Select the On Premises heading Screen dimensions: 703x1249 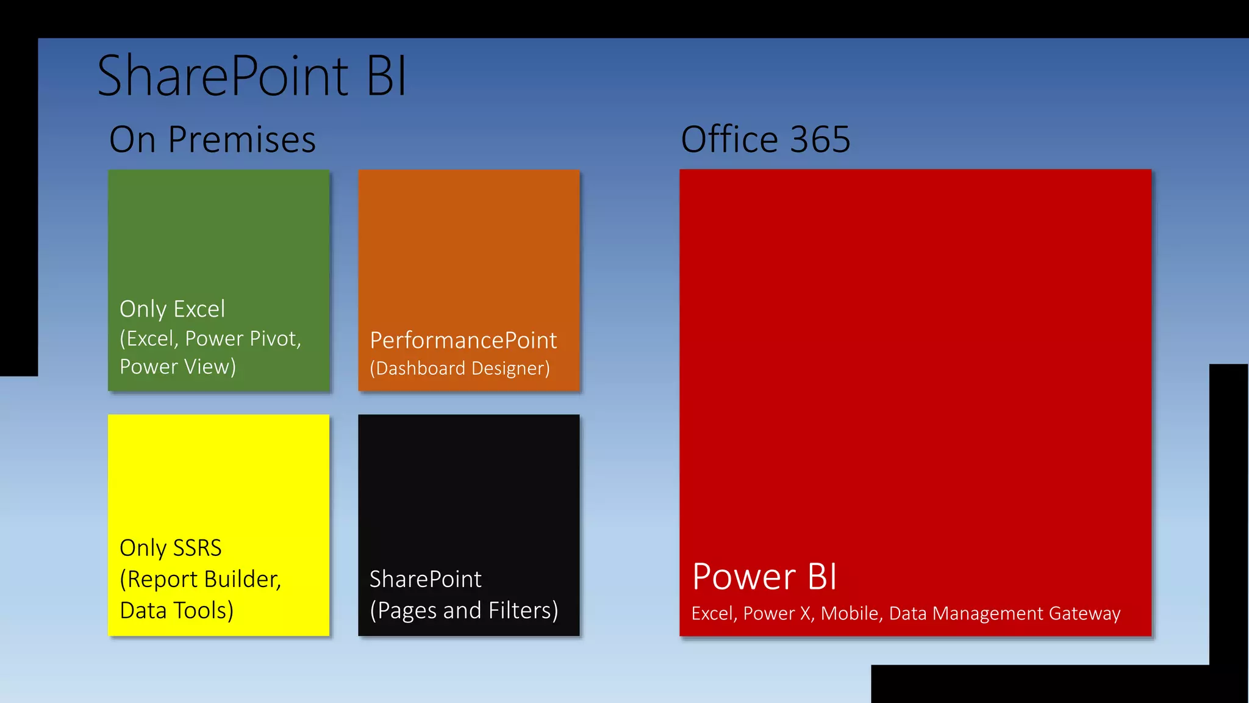[x=212, y=139]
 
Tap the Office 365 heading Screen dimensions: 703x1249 [x=765, y=139]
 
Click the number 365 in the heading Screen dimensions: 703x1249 [x=820, y=139]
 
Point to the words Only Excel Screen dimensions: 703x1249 [x=172, y=309]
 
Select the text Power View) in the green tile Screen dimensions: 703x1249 [x=177, y=366]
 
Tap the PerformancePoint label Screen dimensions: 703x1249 [x=463, y=340]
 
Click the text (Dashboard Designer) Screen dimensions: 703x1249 [x=460, y=368]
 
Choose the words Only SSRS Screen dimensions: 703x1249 [x=170, y=547]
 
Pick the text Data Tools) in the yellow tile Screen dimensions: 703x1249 [x=176, y=610]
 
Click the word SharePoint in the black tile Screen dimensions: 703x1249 [x=425, y=579]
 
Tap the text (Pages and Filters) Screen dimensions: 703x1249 [x=463, y=610]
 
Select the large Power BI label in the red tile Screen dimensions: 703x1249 [x=765, y=577]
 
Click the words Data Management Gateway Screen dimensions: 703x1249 [x=1004, y=613]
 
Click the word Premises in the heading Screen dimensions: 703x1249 [x=242, y=139]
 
